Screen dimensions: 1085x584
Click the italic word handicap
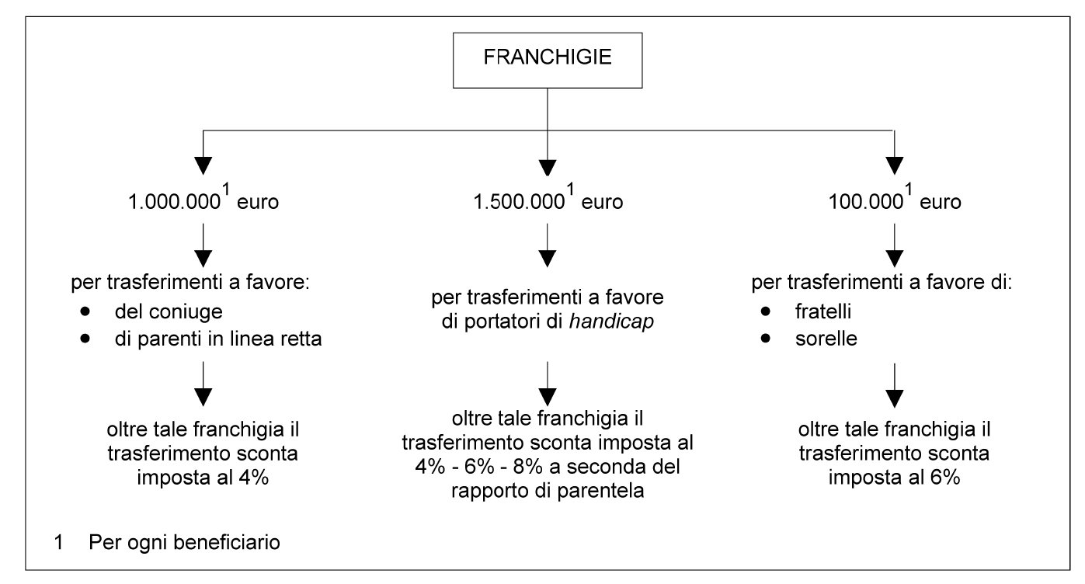(x=611, y=322)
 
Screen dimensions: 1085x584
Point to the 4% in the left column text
(x=253, y=478)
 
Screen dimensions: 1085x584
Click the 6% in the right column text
(x=944, y=478)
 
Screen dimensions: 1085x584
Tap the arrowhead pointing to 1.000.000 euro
(x=203, y=165)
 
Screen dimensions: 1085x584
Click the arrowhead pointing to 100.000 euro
(x=894, y=165)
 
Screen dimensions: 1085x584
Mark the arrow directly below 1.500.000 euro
(x=548, y=245)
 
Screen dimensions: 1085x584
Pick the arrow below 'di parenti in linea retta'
(x=203, y=384)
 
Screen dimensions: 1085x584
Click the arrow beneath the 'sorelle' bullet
(x=894, y=386)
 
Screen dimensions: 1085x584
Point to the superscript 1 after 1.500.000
(x=571, y=189)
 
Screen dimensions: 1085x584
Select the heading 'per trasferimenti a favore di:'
(x=882, y=282)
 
